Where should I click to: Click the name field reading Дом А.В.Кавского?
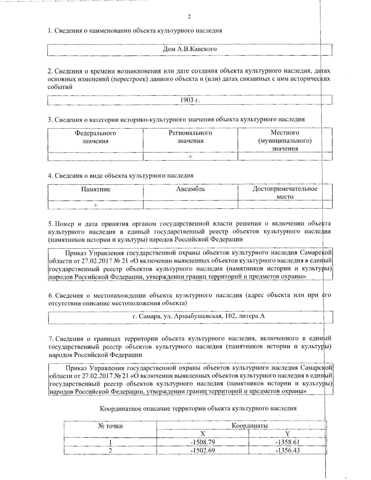[190, 49]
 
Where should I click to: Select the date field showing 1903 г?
[190, 100]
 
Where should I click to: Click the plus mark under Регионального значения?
[190, 157]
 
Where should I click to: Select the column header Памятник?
[96, 189]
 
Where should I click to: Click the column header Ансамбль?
[190, 189]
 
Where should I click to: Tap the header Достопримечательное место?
[285, 193]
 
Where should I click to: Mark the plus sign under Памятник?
[96, 205]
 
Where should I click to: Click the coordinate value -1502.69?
[203, 450]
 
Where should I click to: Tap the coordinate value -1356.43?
[287, 450]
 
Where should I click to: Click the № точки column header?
[110, 426]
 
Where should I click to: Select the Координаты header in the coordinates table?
[250, 426]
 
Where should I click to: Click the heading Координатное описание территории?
[198, 409]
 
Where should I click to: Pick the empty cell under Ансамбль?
[190, 205]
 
